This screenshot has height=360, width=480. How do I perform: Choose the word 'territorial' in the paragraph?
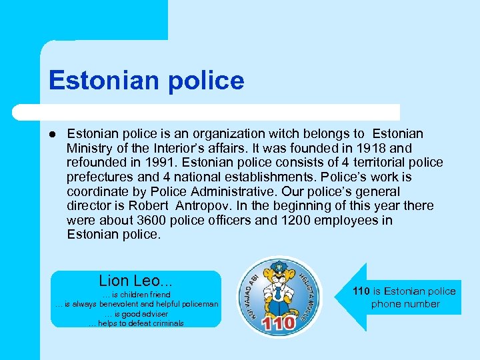click(355, 163)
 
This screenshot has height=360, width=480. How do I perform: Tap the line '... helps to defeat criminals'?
click(136, 323)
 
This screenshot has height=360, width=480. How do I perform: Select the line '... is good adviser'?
click(136, 313)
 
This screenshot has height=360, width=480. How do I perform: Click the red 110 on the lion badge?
click(279, 323)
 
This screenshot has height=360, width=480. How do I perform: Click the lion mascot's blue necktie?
click(277, 294)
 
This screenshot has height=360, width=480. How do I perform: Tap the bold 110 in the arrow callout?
click(361, 291)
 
